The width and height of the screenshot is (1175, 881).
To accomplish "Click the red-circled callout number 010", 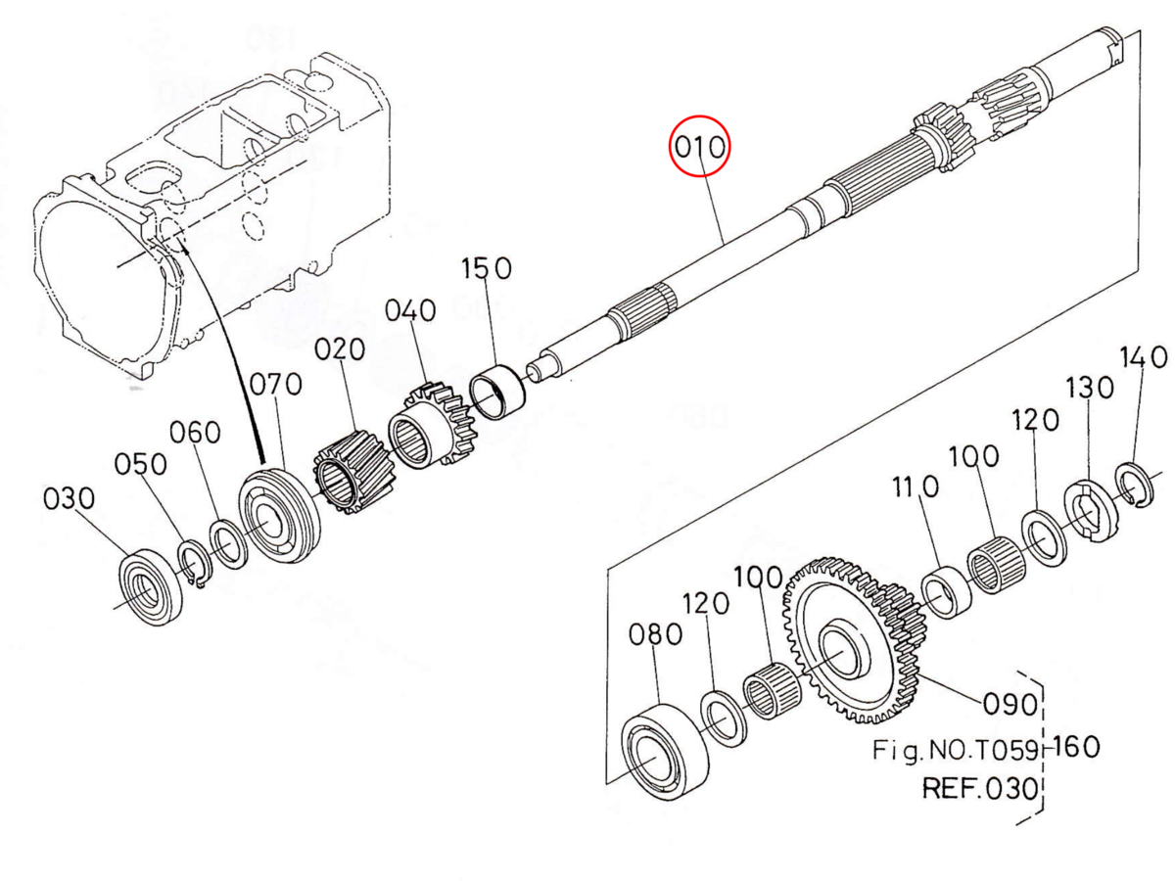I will (699, 147).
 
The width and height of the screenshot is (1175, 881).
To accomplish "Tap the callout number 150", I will (487, 269).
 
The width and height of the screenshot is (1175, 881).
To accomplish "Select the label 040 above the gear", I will (409, 311).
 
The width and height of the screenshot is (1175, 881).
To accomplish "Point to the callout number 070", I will (275, 385).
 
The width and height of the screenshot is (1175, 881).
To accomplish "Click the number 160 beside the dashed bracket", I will (1077, 747).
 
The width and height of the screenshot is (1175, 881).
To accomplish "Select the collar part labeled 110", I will (946, 590).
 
